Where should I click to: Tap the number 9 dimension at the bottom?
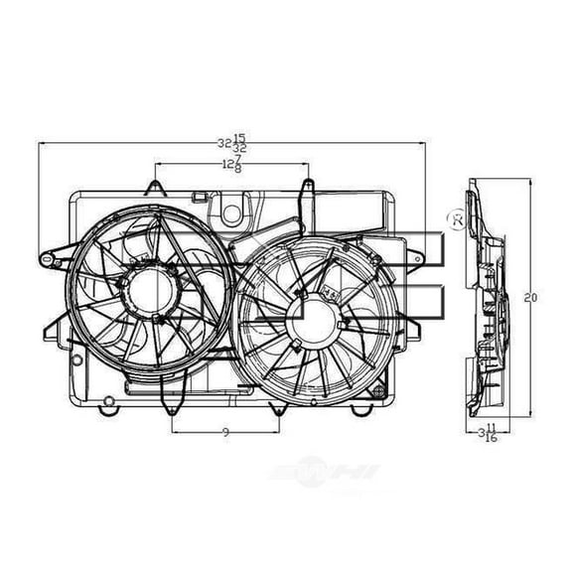coord(226,432)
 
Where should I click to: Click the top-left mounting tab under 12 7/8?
coord(154,186)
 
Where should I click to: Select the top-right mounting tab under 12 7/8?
coord(308,186)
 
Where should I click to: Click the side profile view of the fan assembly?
coord(487,298)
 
